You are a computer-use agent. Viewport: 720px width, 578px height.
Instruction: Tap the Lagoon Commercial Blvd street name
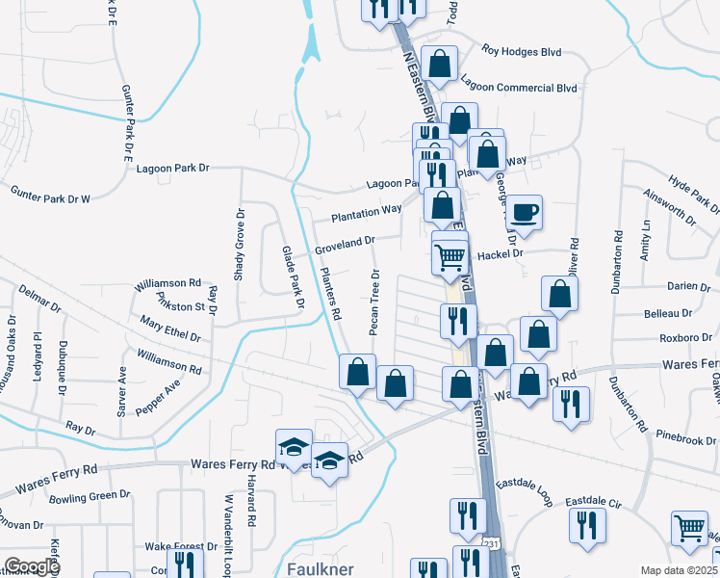pyautogui.click(x=519, y=88)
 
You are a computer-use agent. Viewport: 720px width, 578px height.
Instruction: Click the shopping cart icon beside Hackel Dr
pyautogui.click(x=450, y=255)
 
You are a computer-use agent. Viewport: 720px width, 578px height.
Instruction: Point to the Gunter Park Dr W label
pyautogui.click(x=50, y=197)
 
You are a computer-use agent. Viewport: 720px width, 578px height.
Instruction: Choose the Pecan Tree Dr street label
pyautogui.click(x=374, y=302)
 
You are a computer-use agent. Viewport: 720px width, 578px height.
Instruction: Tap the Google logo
pyautogui.click(x=32, y=566)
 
